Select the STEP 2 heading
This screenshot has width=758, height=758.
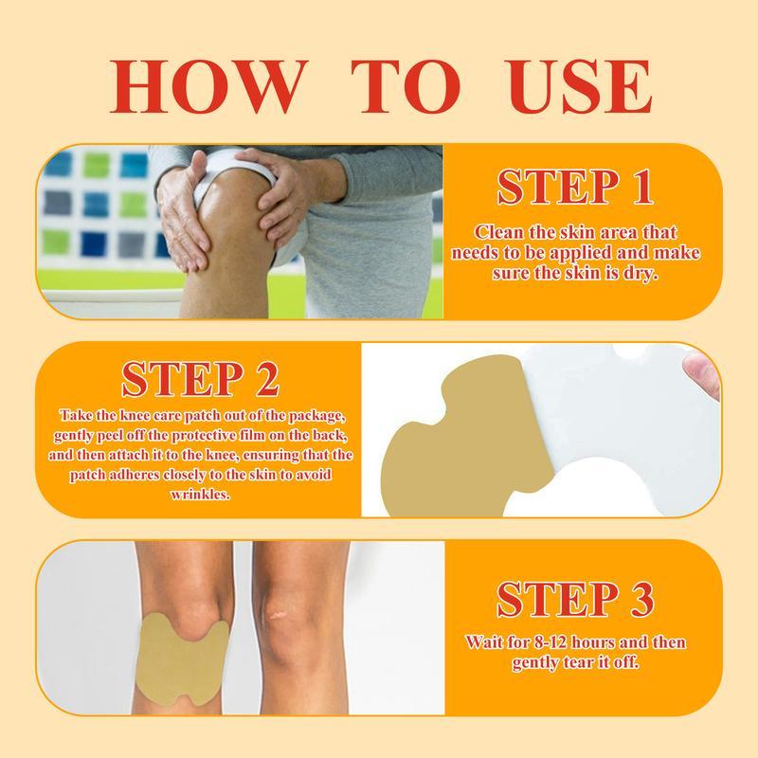[x=200, y=376]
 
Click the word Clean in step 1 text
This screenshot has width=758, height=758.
[x=499, y=232]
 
